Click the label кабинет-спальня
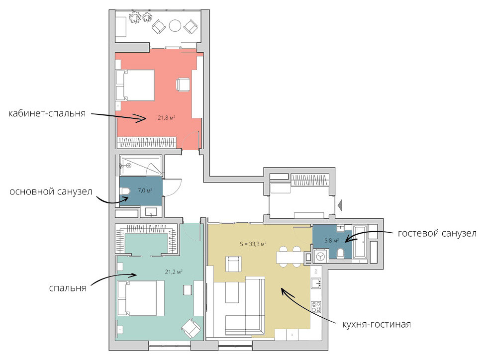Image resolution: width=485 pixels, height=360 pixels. [x=47, y=113]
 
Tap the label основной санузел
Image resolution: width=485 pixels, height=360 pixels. [x=51, y=192]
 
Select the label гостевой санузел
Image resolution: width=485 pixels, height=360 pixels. [x=437, y=233]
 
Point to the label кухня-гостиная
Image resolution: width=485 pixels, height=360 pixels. [x=377, y=324]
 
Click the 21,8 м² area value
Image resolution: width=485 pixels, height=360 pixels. [x=167, y=117]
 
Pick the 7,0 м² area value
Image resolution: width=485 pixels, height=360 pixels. [x=145, y=190]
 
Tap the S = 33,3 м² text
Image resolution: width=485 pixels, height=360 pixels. [x=253, y=244]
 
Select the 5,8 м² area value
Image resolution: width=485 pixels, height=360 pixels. [x=331, y=240]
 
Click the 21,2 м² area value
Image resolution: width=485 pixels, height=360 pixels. [x=174, y=272]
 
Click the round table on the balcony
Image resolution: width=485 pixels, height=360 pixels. [x=175, y=26]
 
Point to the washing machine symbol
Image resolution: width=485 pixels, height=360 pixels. [x=320, y=256]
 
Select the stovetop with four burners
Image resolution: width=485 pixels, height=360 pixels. [x=316, y=306]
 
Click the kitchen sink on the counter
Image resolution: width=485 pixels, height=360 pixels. [x=316, y=283]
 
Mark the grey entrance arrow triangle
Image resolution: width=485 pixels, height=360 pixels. [x=340, y=205]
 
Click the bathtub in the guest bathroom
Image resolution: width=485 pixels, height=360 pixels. [x=360, y=242]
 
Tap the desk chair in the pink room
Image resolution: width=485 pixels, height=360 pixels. [x=183, y=85]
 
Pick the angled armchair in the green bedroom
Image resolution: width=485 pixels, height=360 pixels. [x=191, y=328]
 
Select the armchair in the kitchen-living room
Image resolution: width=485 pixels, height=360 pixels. [x=233, y=264]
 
